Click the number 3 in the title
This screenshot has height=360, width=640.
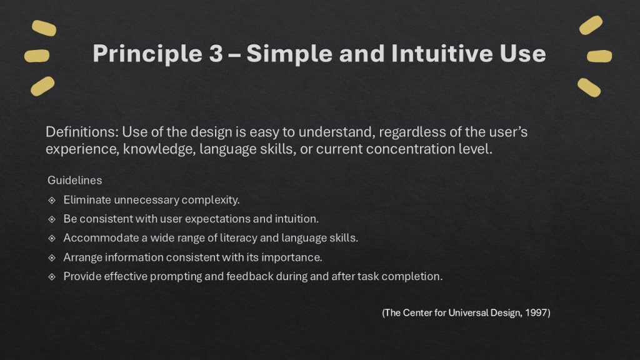[x=213, y=54]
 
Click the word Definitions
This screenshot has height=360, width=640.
[x=81, y=132]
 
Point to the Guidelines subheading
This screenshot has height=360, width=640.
[x=74, y=181]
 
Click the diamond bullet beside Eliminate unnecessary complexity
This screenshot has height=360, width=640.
[x=52, y=201]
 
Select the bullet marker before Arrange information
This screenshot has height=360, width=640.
[x=52, y=257]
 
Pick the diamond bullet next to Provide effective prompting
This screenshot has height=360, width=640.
[x=52, y=277]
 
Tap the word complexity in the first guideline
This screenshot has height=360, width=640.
[x=211, y=200]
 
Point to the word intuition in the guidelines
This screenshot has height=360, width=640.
[x=296, y=219]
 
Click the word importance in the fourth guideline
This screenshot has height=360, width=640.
[x=297, y=257]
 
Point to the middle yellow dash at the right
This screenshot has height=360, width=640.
[x=599, y=57]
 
